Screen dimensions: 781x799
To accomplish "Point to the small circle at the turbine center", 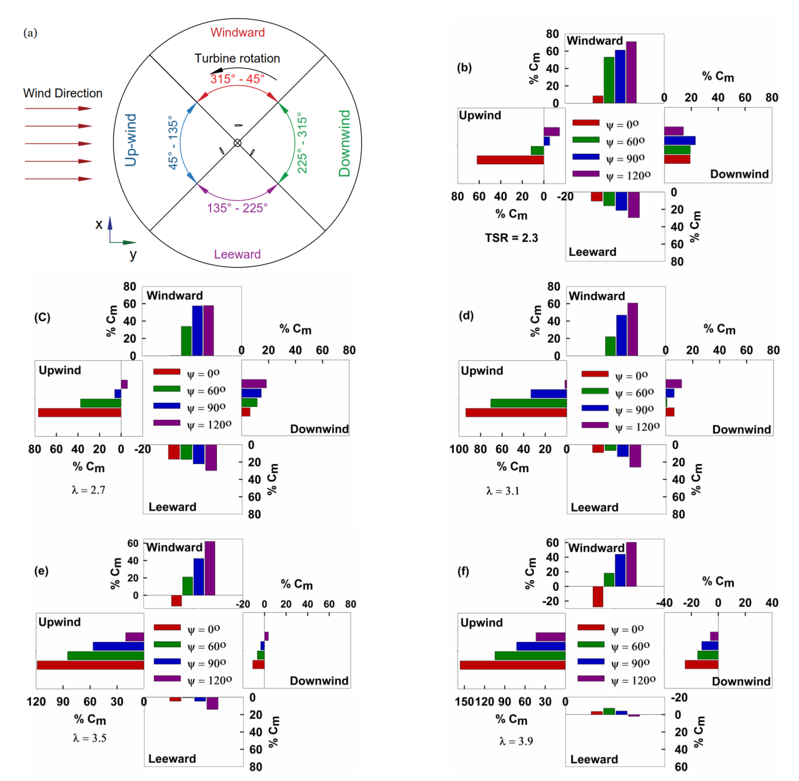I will pos(237,143).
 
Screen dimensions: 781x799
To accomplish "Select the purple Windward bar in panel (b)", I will pos(631,72).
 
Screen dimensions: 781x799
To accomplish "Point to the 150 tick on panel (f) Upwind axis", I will pos(464,701).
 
